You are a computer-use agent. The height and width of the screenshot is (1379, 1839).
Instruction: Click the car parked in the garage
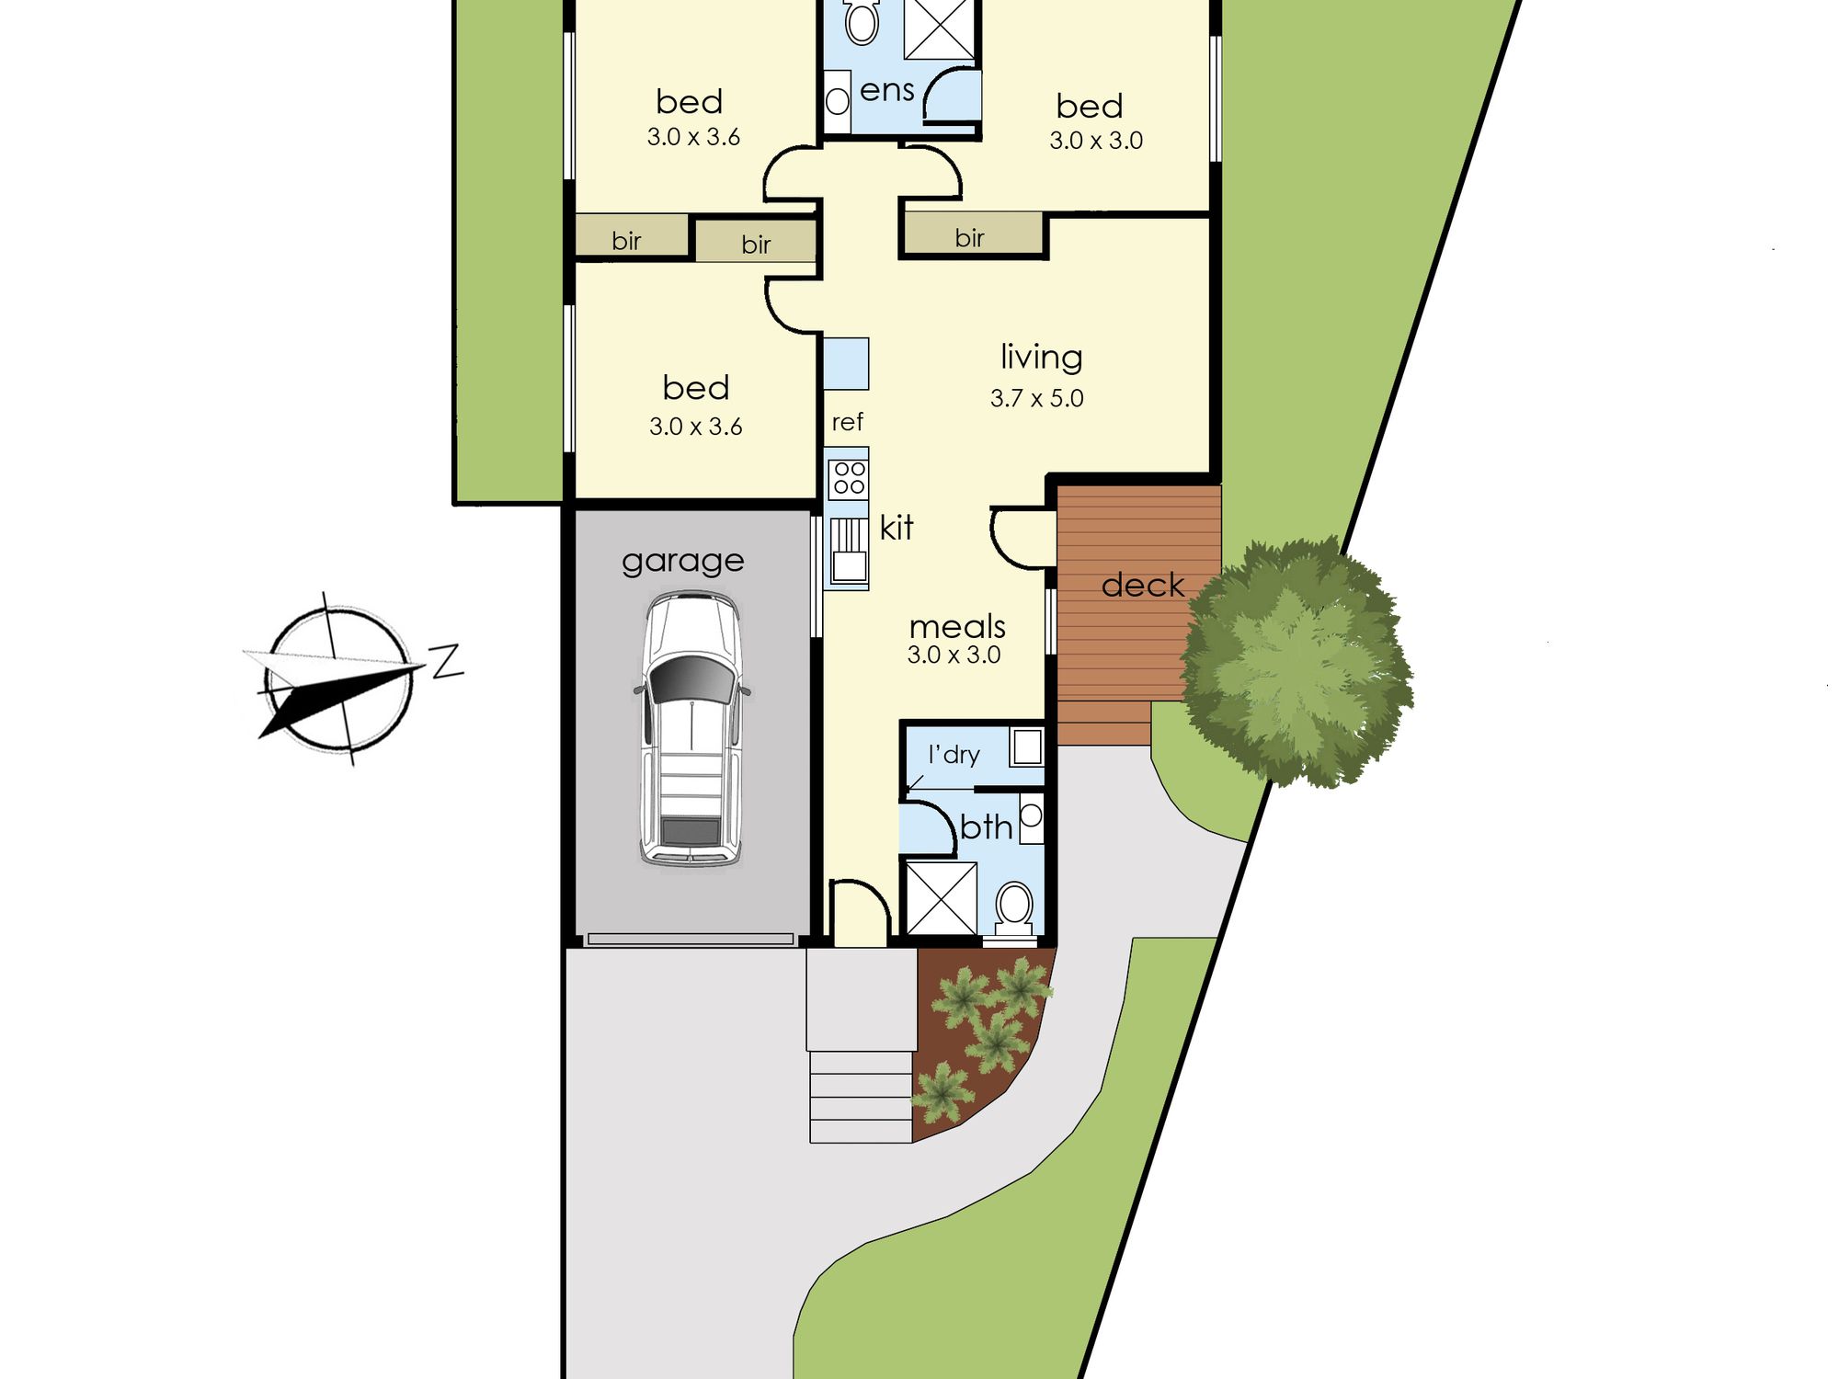pyautogui.click(x=691, y=729)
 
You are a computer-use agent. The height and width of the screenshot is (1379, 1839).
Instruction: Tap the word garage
pyautogui.click(x=682, y=562)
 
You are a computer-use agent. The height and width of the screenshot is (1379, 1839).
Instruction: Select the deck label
pyautogui.click(x=1142, y=585)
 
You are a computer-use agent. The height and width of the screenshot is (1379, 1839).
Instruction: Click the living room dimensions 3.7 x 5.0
pyautogui.click(x=1036, y=398)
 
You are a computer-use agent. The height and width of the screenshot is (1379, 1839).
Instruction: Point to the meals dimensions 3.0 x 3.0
pyautogui.click(x=954, y=655)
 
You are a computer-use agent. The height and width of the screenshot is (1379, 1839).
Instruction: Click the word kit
pyautogui.click(x=896, y=528)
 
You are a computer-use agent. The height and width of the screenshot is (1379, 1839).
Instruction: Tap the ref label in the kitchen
pyautogui.click(x=847, y=422)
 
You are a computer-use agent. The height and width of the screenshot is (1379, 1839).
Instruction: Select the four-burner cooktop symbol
pyautogui.click(x=849, y=478)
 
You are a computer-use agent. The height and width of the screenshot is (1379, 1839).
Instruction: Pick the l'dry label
pyautogui.click(x=954, y=755)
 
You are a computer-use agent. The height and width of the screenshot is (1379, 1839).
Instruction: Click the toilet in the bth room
pyautogui.click(x=1014, y=908)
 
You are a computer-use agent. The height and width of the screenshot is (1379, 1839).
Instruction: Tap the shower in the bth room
pyautogui.click(x=942, y=897)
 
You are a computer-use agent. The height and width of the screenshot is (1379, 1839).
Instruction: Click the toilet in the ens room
pyautogui.click(x=862, y=22)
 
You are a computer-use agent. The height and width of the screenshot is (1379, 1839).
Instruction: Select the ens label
pyautogui.click(x=887, y=90)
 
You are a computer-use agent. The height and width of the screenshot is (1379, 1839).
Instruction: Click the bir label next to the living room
pyautogui.click(x=969, y=238)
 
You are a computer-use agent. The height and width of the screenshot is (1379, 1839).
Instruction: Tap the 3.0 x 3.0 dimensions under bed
pyautogui.click(x=1096, y=141)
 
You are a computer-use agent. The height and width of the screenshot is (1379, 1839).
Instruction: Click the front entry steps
pyautogui.click(x=861, y=1097)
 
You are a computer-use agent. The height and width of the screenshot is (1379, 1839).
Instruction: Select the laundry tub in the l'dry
pyautogui.click(x=1027, y=746)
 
